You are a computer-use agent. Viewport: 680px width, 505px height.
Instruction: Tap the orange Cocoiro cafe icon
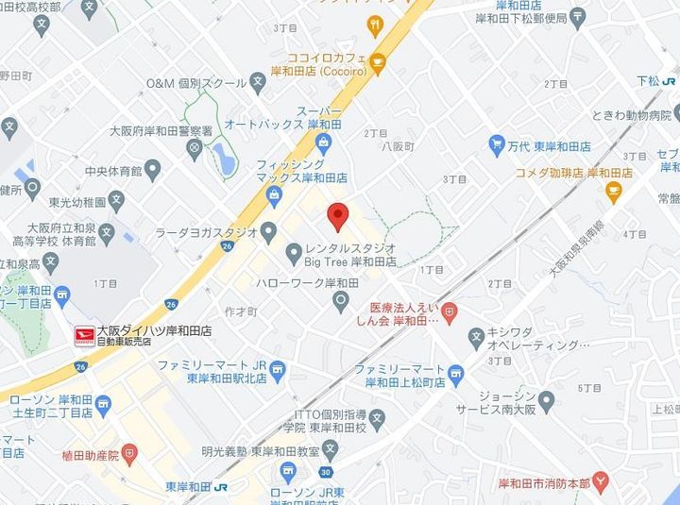point(378,63)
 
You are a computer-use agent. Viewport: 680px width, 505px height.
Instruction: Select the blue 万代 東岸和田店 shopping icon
point(497,144)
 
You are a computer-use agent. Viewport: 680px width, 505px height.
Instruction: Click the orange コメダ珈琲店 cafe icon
point(614,193)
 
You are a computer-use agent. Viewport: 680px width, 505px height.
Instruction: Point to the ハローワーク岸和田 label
point(297,282)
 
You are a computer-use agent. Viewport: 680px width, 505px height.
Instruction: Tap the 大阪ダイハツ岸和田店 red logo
point(86,333)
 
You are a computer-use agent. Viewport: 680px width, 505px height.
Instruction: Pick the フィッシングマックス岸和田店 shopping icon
point(274,196)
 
